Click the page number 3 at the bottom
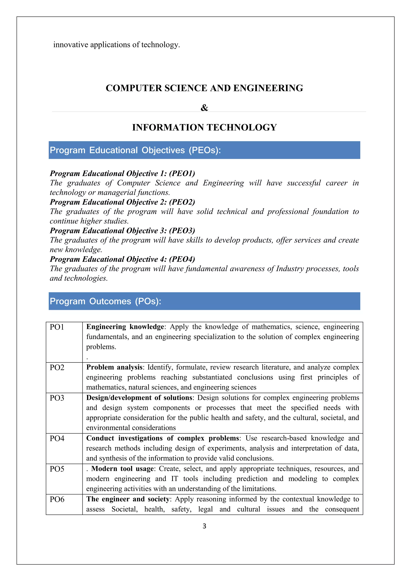[204, 526]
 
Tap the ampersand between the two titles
[204, 108]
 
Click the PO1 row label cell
[57, 327]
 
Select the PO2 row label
[57, 367]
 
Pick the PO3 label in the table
[57, 398]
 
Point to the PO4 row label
[57, 438]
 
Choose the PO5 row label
[57, 469]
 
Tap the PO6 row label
[57, 499]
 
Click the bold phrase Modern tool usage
[123, 469]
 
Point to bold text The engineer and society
[128, 499]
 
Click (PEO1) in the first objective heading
[182, 173]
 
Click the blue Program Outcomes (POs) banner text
[105, 301]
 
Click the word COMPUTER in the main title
[134, 88]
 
